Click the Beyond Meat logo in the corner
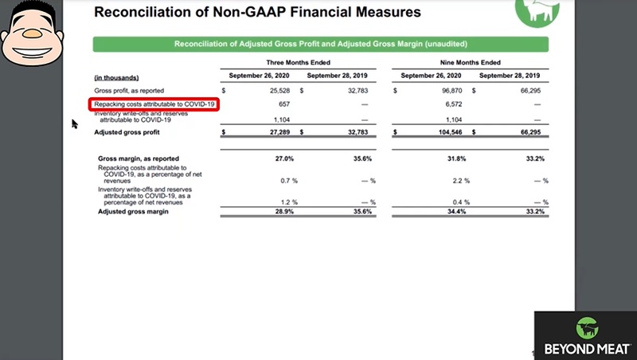(585, 335)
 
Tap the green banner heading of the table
(320, 44)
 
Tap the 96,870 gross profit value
(447, 91)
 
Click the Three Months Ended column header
(298, 62)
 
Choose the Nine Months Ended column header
(469, 62)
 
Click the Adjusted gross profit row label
(128, 132)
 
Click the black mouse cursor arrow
(75, 123)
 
